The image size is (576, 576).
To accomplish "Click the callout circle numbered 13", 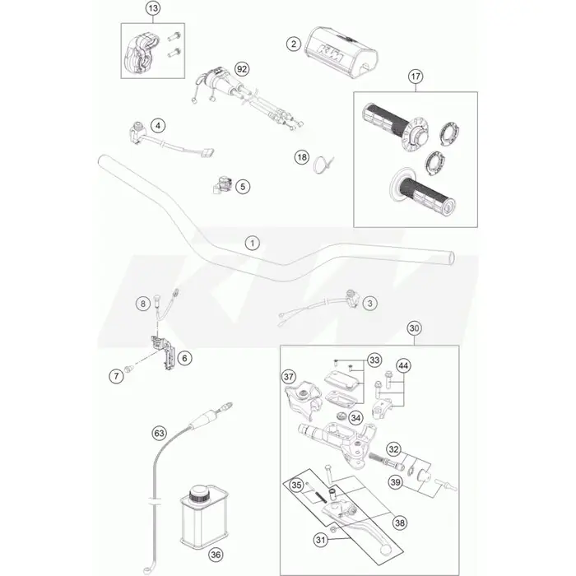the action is pos(153,8).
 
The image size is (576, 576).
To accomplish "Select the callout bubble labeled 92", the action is pos(242,69).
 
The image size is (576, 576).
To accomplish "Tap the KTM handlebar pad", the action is pos(341,51).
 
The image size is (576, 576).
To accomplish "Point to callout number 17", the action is pos(416,77).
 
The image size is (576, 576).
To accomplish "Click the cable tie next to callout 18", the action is pos(323,164).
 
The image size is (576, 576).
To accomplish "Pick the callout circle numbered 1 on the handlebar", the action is pos(253,244).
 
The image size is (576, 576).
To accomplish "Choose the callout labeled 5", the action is pos(243,187).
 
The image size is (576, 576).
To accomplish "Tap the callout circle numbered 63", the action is pos(159,434).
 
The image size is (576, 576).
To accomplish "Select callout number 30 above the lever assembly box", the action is pos(414,328).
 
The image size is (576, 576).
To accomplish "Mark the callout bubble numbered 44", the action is pos(403,366).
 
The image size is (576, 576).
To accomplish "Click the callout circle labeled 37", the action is pos(289,377).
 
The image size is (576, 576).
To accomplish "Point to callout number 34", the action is pos(355,418).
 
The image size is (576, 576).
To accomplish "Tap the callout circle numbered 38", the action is pos(400,523).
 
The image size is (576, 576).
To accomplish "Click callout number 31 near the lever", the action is pos(321,540).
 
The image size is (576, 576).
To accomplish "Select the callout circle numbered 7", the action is pos(117,376).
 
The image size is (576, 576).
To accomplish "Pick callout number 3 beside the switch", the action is pos(370,304).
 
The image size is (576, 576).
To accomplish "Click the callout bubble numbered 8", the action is pos(143,304).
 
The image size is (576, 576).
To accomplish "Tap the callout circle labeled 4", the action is pos(158,126).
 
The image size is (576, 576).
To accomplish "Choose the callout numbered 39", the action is pos(395,482).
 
